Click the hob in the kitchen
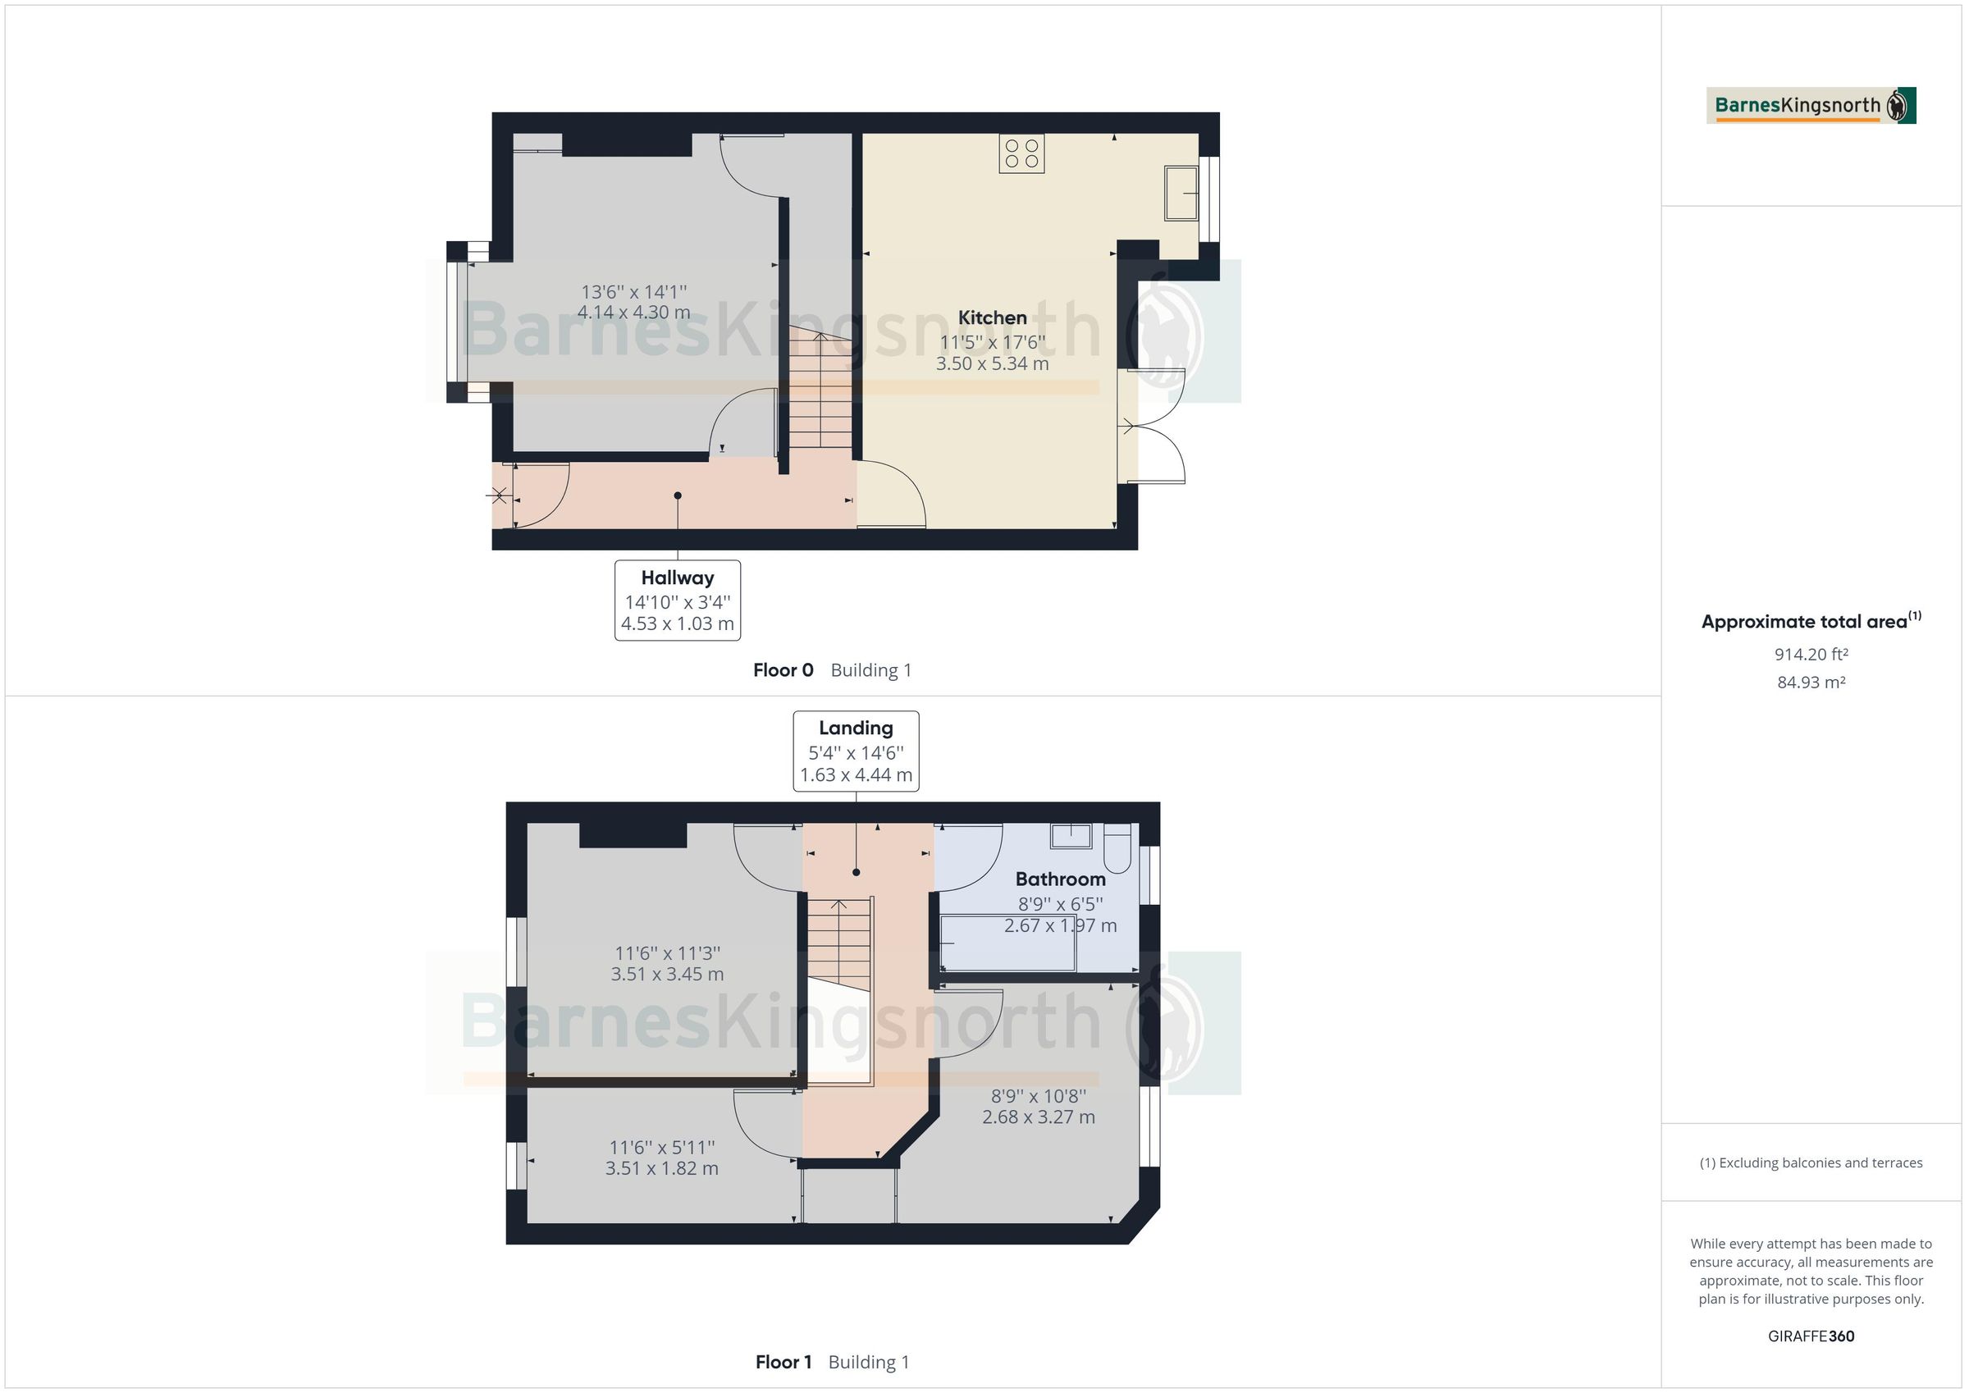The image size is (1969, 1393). (x=1021, y=154)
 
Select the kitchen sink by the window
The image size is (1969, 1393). (x=1181, y=193)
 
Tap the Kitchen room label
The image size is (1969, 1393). (x=992, y=317)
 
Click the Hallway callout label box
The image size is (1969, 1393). (x=678, y=601)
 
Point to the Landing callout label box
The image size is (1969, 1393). (x=856, y=751)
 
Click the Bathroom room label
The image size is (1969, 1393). (x=1060, y=879)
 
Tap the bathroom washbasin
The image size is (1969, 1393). (x=1071, y=835)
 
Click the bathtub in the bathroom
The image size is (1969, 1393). (x=1007, y=943)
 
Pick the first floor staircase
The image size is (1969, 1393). (x=839, y=943)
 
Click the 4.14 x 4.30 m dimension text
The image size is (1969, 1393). (x=633, y=313)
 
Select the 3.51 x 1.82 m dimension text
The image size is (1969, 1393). (x=661, y=1168)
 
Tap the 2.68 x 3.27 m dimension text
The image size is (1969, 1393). (x=1039, y=1117)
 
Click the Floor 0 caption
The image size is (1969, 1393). (x=783, y=670)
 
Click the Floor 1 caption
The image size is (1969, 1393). (x=783, y=1362)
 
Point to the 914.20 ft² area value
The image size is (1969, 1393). (x=1811, y=655)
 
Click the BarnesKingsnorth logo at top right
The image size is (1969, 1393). (x=1811, y=106)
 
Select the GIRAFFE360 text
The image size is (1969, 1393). (x=1811, y=1336)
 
